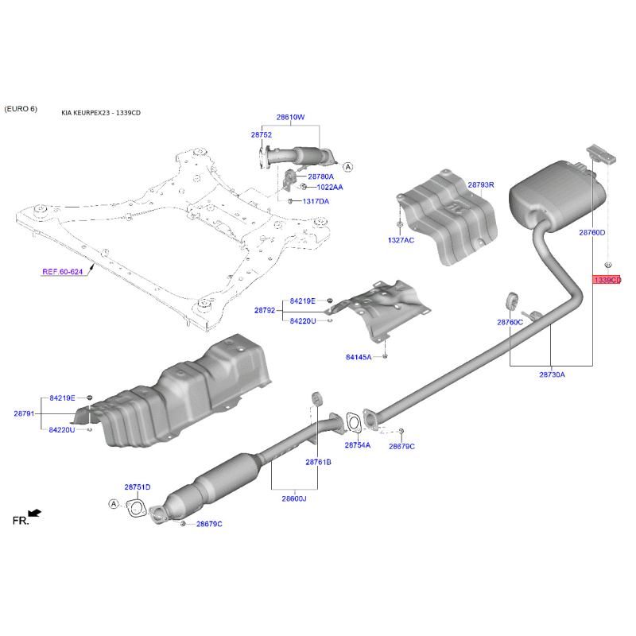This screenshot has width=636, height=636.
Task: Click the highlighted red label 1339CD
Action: [x=607, y=280]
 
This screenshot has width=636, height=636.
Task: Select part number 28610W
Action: [x=290, y=117]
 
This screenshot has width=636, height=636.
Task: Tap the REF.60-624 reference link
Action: [x=63, y=272]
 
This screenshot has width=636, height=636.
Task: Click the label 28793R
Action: [x=481, y=185]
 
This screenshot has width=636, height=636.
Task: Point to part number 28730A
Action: [x=552, y=374]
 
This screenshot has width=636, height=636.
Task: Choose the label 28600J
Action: [x=294, y=498]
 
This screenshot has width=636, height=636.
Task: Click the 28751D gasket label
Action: [x=138, y=487]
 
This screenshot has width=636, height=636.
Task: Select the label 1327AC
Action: [x=401, y=240]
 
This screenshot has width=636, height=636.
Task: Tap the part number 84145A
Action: [x=359, y=357]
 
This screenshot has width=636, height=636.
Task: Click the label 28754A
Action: [x=357, y=445]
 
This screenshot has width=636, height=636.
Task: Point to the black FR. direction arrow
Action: [x=35, y=514]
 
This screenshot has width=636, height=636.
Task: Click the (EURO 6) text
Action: [x=21, y=109]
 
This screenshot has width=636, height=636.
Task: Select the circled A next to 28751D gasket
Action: [x=114, y=504]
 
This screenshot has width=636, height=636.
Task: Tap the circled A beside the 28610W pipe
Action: [x=348, y=167]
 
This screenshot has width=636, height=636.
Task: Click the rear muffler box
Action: [x=558, y=196]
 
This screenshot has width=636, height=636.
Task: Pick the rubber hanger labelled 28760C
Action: [x=512, y=301]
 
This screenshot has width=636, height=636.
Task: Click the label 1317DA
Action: [x=316, y=201]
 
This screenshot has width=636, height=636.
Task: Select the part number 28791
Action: [x=24, y=413]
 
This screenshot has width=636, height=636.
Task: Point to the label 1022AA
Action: [x=330, y=187]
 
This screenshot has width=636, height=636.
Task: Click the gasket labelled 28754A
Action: [x=354, y=422]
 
